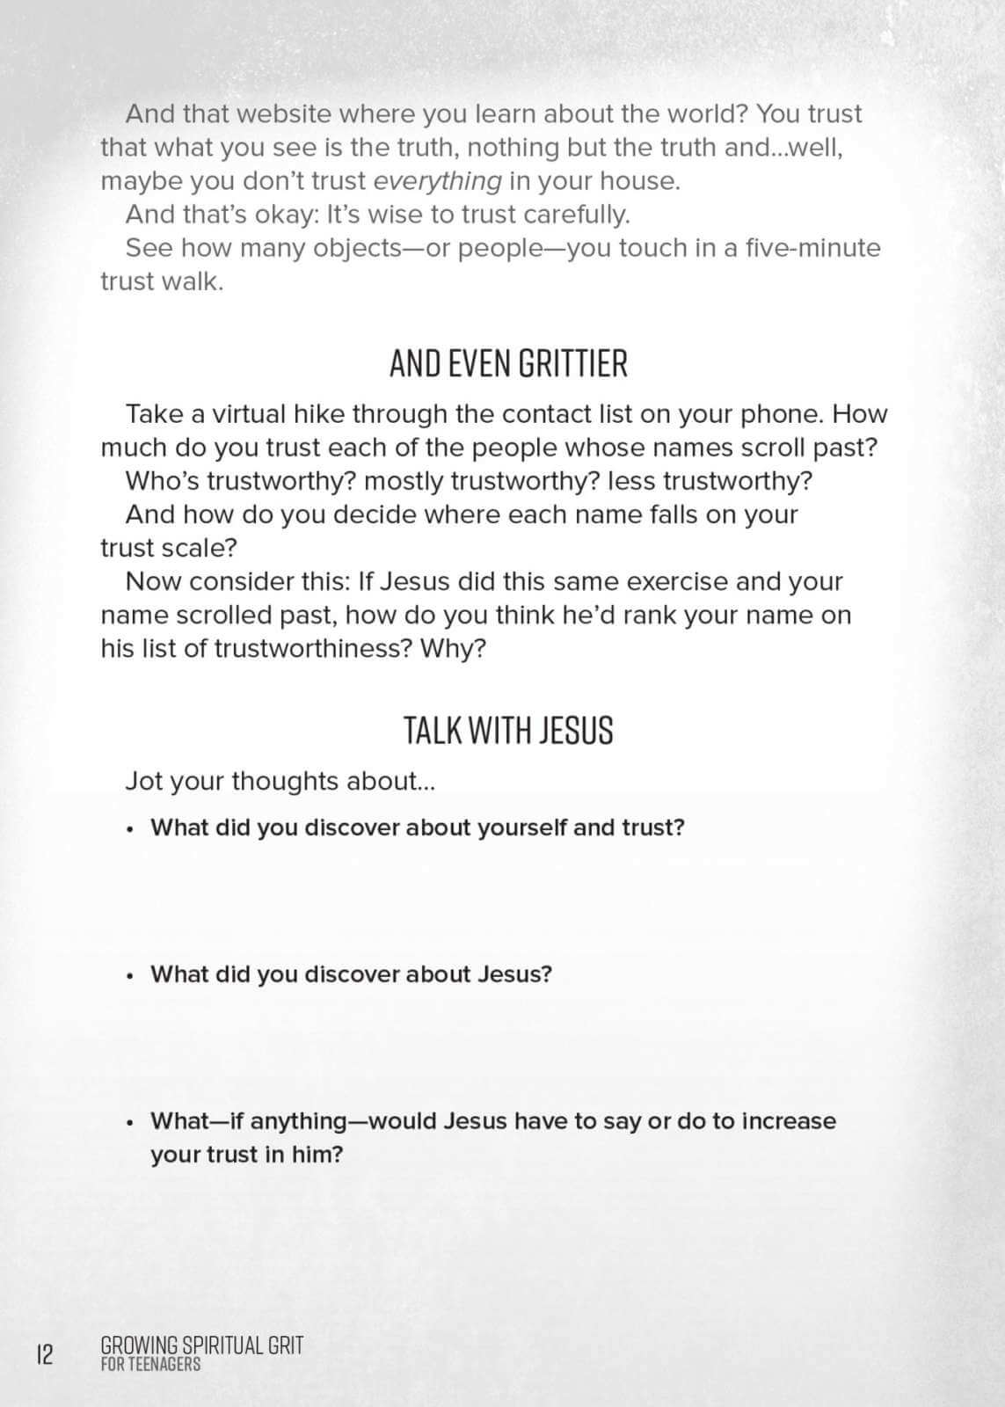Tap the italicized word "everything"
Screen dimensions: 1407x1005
(437, 182)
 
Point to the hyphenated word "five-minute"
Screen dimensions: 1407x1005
(812, 248)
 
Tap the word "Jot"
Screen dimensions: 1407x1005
(143, 781)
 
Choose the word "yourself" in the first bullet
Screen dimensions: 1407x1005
(521, 827)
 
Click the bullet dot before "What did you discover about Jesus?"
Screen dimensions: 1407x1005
(130, 975)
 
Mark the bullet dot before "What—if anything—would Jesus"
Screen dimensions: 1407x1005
(130, 1123)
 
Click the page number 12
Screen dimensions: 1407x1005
(44, 1353)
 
